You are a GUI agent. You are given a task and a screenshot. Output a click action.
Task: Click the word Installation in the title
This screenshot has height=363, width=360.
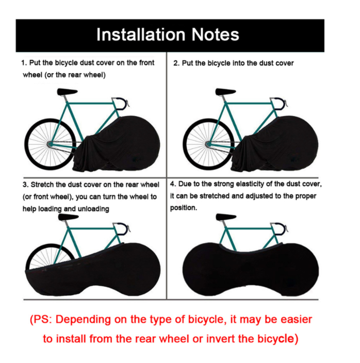coord(141,35)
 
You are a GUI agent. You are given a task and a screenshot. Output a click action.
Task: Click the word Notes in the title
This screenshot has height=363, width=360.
coord(215,35)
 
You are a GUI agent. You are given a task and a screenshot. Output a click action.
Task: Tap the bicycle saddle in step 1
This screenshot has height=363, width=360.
coord(67,92)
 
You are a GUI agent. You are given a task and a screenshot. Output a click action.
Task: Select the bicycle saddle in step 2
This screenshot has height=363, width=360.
coord(225,92)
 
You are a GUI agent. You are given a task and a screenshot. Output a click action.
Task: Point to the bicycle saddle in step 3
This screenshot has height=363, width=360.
coord(68,217)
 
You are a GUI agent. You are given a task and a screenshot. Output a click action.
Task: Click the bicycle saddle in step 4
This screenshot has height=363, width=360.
coord(226,217)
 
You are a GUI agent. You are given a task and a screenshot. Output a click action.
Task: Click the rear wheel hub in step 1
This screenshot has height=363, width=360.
coord(50,144)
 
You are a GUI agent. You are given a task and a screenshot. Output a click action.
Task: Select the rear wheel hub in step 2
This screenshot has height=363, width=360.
coord(208,144)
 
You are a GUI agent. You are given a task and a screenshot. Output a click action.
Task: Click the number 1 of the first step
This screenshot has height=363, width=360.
coord(23,63)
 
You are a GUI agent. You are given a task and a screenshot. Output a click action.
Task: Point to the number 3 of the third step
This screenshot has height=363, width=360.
coord(25,185)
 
